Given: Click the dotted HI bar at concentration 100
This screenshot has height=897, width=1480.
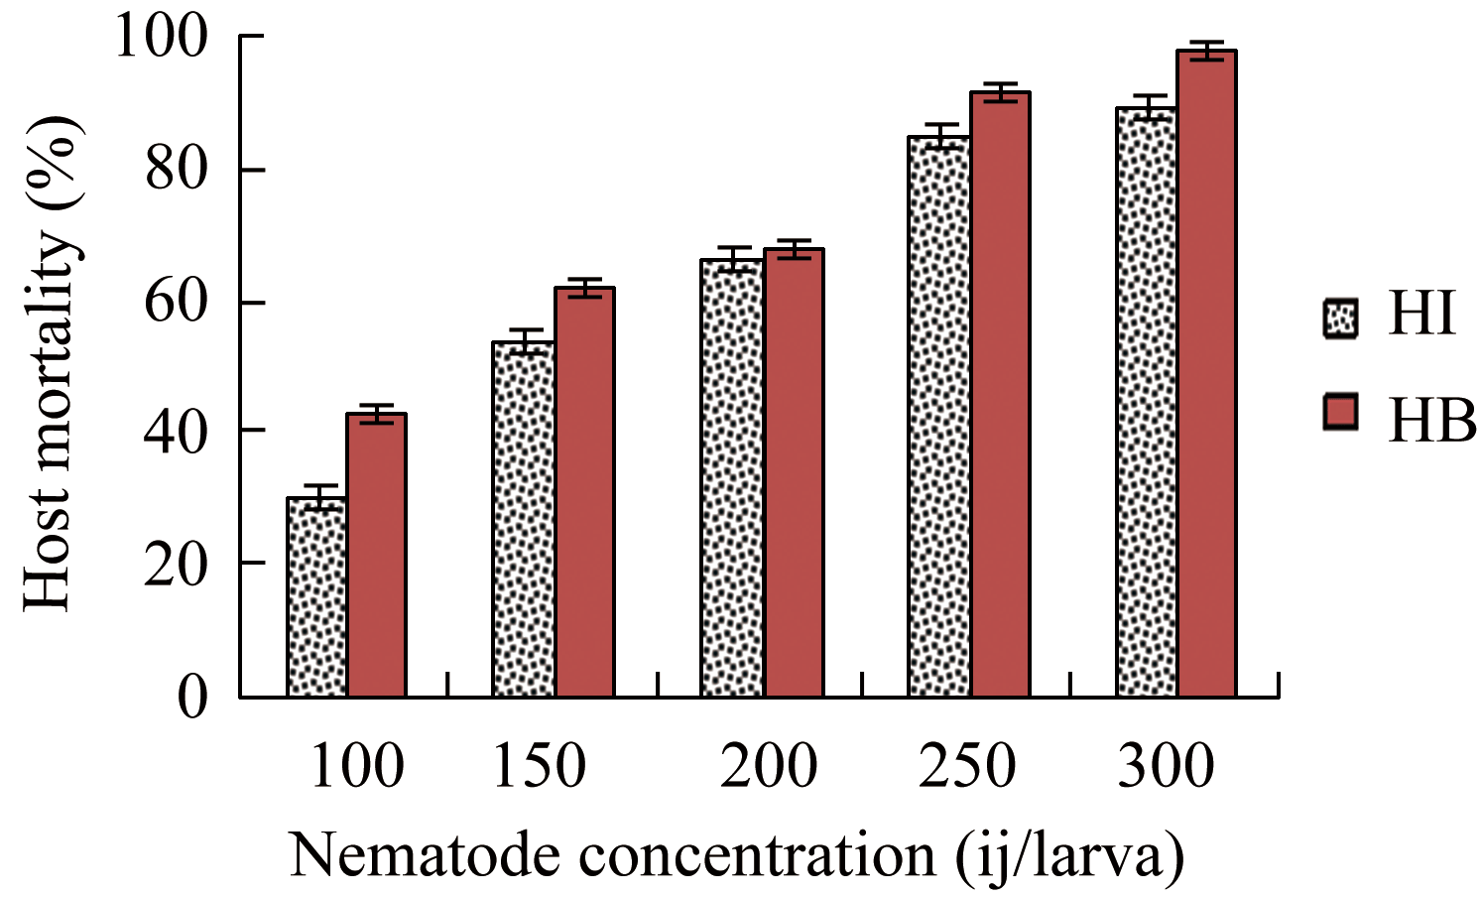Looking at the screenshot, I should [316, 596].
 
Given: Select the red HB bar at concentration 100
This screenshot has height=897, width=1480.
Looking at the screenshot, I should [376, 556].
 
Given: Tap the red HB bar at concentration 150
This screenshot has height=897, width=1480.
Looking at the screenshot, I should [584, 492].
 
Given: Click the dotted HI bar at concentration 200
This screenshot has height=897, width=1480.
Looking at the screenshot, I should [731, 478].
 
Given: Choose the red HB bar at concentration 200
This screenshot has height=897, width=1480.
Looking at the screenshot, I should [793, 473].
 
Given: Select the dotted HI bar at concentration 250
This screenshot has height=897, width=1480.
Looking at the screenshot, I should [938, 417].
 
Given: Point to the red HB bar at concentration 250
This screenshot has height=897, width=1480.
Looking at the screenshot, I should [1000, 395].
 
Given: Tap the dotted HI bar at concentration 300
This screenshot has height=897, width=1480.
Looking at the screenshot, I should [1146, 402].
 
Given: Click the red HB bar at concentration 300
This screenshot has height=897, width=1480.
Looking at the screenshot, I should [1206, 374].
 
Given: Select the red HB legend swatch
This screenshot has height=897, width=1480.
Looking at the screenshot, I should [1341, 412].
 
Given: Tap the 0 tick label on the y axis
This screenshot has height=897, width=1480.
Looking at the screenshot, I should [193, 697].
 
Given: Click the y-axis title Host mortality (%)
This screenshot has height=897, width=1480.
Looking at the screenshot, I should [50, 365].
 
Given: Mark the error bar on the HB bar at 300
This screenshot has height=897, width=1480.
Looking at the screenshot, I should [1206, 51].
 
